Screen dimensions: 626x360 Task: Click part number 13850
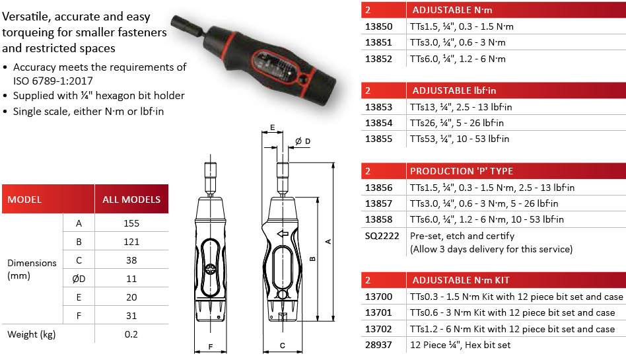point(378,26)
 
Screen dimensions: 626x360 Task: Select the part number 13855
point(378,139)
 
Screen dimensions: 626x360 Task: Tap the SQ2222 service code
point(382,236)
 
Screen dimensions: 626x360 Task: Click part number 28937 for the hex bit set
point(378,345)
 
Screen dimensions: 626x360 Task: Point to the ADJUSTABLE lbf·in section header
point(454,90)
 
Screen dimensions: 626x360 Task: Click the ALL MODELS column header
point(131,199)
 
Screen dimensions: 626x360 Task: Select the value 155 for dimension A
point(131,223)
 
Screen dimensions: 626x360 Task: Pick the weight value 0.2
point(131,334)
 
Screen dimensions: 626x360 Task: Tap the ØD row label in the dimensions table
point(79,279)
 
